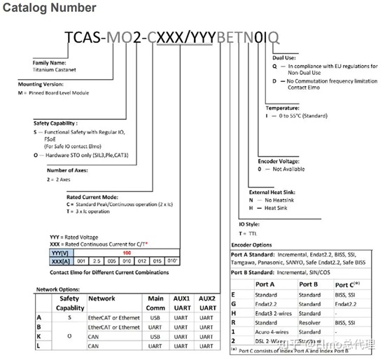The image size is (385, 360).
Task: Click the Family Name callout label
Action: click(x=50, y=63)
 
